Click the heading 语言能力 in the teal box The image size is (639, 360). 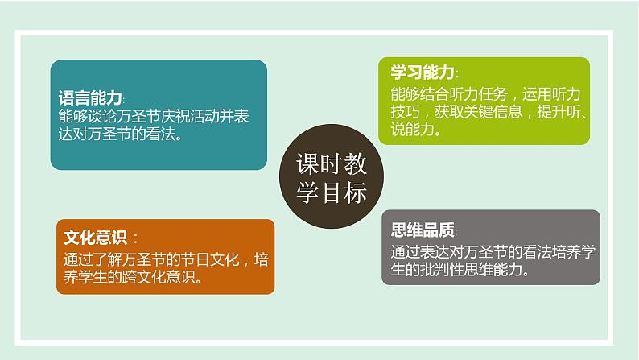pos(90,97)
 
